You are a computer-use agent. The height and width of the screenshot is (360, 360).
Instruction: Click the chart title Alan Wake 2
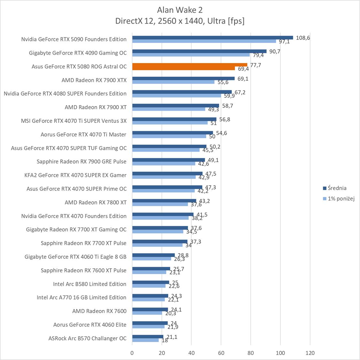(x=180, y=10)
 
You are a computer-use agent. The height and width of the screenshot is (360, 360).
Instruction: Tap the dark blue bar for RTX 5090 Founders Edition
(x=212, y=37)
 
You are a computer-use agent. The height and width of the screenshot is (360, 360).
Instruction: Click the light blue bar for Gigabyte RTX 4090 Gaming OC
(x=191, y=55)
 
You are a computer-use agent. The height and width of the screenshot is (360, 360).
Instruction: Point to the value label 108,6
(x=303, y=38)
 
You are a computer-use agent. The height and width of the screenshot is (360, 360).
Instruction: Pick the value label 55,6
(x=223, y=82)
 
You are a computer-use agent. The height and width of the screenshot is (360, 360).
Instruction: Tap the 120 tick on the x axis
(x=310, y=353)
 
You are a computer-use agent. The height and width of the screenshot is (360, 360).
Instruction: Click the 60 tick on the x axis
(x=221, y=353)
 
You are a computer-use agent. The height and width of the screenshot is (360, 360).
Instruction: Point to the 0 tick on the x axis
(x=132, y=353)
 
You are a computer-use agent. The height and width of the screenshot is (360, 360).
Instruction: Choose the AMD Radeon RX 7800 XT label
(x=96, y=202)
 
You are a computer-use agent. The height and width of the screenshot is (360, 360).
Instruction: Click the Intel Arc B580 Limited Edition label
(x=90, y=284)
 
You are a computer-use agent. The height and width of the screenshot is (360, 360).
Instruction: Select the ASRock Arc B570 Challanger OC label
(x=88, y=338)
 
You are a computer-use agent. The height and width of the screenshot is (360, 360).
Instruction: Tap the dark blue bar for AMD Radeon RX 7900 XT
(x=176, y=105)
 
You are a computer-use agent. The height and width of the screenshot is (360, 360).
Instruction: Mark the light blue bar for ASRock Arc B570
(x=145, y=340)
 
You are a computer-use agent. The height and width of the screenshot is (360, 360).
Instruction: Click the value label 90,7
(x=275, y=51)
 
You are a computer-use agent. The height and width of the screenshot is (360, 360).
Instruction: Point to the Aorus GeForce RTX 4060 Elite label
(x=90, y=324)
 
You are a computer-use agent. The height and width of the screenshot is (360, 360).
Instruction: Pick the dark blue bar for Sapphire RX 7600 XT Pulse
(x=151, y=268)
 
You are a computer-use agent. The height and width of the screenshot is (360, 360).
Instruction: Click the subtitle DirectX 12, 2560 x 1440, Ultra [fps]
(x=180, y=21)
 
